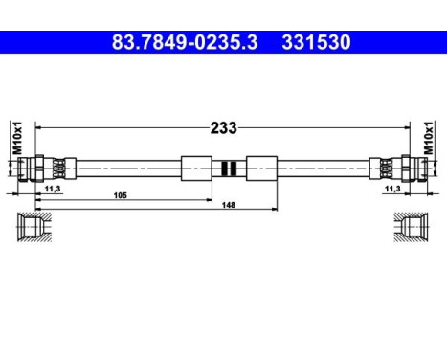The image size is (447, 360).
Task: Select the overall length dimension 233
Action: pyautogui.click(x=224, y=126)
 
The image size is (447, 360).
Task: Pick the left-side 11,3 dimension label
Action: pyautogui.click(x=53, y=190)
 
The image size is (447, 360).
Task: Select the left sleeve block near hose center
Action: pyautogui.click(x=195, y=168)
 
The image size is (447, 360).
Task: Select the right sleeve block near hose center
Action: pyautogui.click(x=260, y=168)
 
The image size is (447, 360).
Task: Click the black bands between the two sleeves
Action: pyautogui.click(x=228, y=168)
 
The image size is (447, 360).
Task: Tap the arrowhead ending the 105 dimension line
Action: pyautogui.click(x=210, y=201)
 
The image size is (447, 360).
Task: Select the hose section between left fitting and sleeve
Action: pyautogui.click(x=124, y=168)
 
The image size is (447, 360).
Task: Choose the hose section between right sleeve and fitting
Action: pyautogui.click(x=325, y=168)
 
